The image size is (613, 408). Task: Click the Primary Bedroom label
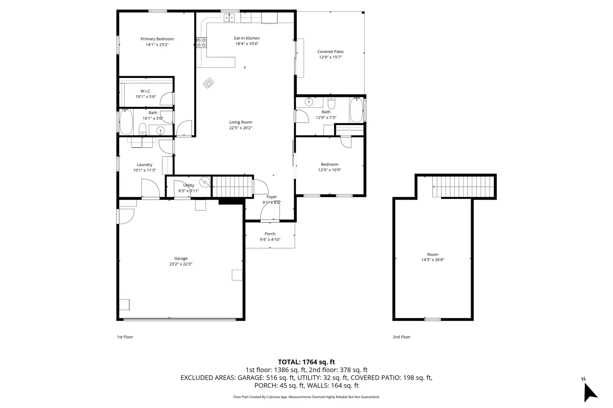pos(157,39)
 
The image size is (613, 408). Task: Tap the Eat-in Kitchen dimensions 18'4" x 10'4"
pos(247,44)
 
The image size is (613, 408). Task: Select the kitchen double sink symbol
pos(229,17)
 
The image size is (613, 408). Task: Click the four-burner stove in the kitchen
pos(201,43)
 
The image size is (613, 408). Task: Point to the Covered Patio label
pos(330,52)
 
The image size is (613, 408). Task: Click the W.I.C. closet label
pos(146,91)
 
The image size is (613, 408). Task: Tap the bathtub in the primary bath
pos(126,122)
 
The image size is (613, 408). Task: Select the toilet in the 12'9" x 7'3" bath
pos(331,103)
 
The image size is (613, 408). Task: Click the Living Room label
pos(241,122)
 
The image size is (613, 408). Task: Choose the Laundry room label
pos(145,165)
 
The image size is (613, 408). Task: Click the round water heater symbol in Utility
pos(204,182)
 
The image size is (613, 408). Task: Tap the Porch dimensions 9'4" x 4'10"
pos(270,240)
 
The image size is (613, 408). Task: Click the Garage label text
pos(181,259)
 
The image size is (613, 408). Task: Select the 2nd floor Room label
pos(433,255)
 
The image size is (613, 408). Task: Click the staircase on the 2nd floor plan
pos(463,187)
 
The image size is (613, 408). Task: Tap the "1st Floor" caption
pos(125,337)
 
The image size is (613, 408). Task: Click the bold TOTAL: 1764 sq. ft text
pos(306,362)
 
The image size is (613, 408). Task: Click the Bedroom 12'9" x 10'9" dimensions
pos(330,170)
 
